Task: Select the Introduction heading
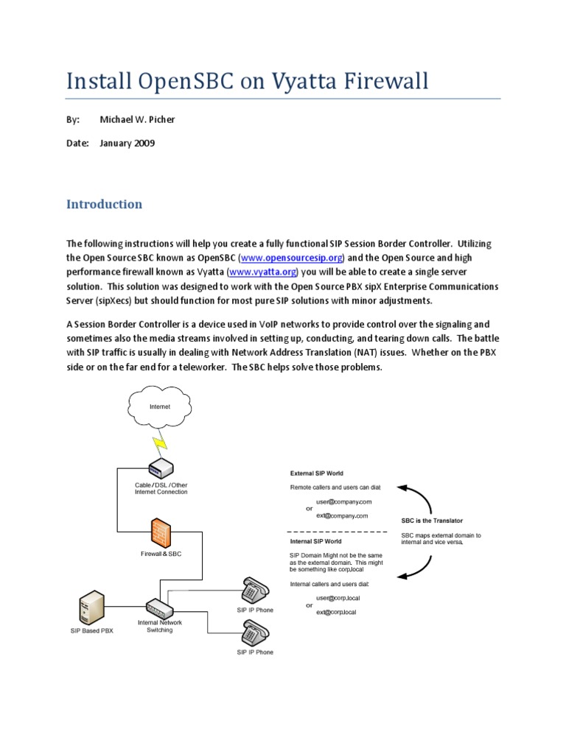(x=104, y=204)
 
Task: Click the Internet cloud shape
(x=160, y=406)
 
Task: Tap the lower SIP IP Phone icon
(x=254, y=632)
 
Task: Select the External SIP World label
(x=316, y=473)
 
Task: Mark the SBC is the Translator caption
(x=432, y=521)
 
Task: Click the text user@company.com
(x=338, y=501)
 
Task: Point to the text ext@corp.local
(x=336, y=612)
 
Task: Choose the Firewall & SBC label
(x=161, y=554)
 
